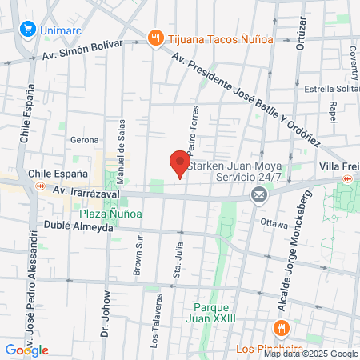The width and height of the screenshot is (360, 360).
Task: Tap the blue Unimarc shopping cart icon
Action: click(28, 30)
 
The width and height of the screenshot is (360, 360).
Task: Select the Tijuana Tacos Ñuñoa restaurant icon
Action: click(154, 37)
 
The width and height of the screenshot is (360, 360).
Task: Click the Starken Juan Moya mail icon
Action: click(258, 194)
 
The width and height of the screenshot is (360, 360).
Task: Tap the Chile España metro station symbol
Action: click(39, 186)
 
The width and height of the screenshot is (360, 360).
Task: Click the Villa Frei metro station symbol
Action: click(346, 182)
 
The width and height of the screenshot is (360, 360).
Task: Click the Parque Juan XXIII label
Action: click(213, 313)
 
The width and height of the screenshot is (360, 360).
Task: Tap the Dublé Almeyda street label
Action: click(74, 227)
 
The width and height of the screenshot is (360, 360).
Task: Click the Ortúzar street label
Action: click(301, 32)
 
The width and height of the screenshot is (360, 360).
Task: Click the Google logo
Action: click(27, 350)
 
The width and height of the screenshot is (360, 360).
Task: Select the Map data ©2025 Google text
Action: click(310, 354)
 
